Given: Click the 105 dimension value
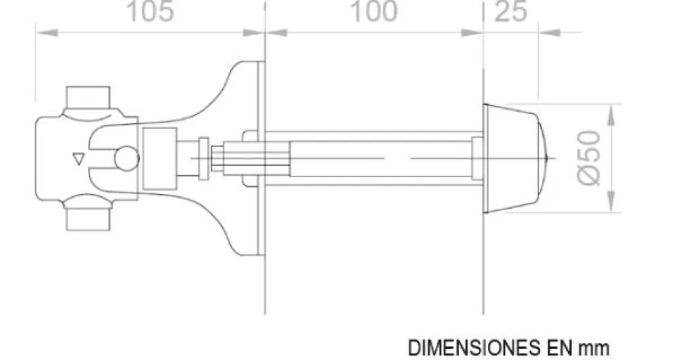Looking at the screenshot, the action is (150, 12).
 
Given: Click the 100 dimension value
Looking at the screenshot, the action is (373, 12).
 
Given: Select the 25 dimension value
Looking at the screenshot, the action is (510, 12).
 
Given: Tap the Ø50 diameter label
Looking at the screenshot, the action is (589, 157).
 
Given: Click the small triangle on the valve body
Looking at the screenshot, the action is (78, 159).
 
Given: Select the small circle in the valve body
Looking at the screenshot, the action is (127, 158).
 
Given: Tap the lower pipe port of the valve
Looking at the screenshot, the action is (88, 219).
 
